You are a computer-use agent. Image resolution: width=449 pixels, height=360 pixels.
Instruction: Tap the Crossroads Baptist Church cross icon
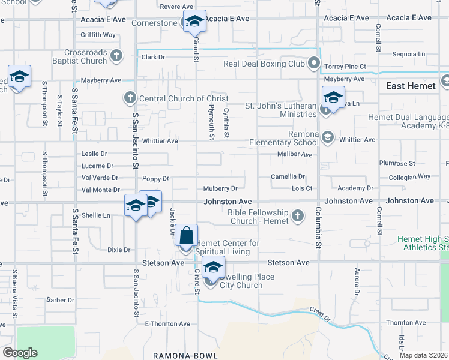click(x=117, y=56)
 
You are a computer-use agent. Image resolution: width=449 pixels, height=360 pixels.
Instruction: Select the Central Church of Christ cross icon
click(x=130, y=98)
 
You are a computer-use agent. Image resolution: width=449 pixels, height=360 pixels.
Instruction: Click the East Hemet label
click(x=411, y=86)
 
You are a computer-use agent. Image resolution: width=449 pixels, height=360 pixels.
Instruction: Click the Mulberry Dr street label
click(x=220, y=188)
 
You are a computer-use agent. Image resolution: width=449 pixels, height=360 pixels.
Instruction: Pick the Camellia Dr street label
click(x=288, y=177)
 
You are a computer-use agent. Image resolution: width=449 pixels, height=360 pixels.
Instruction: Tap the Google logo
click(x=20, y=353)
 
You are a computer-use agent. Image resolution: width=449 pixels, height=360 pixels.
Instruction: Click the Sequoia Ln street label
click(x=408, y=54)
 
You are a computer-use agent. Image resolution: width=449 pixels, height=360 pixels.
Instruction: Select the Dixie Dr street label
click(x=119, y=250)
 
